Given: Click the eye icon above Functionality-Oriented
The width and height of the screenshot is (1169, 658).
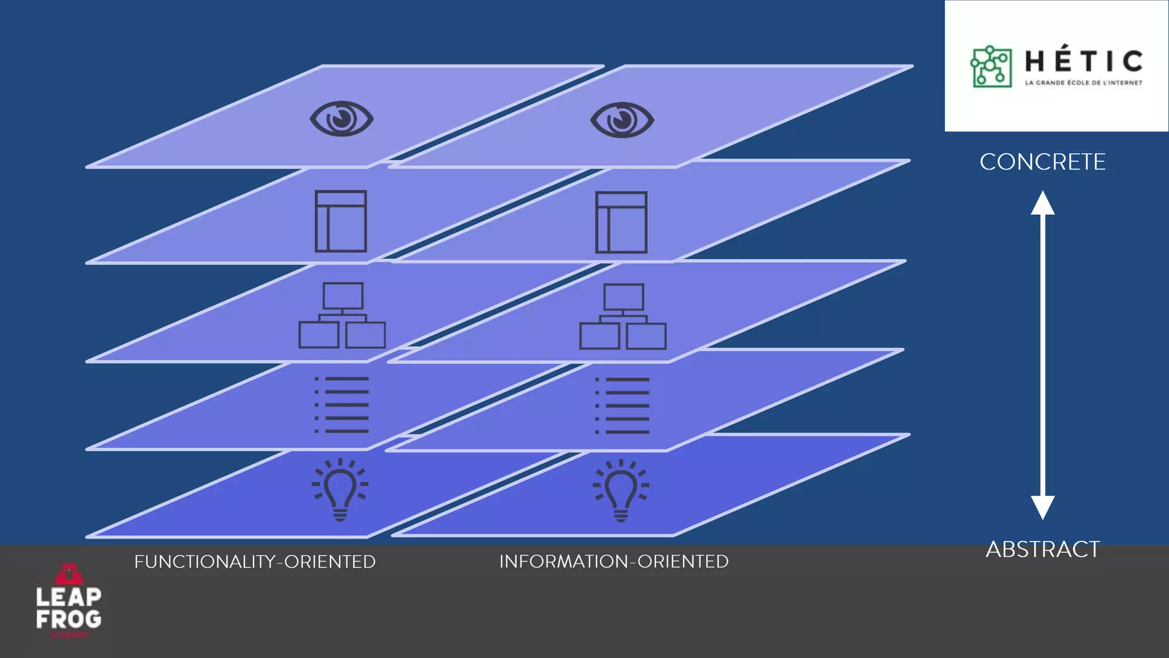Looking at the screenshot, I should pyautogui.click(x=341, y=119).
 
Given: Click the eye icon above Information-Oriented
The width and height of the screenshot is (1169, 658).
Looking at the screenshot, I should pyautogui.click(x=622, y=120).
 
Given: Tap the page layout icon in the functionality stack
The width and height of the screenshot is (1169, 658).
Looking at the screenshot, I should pyautogui.click(x=341, y=221).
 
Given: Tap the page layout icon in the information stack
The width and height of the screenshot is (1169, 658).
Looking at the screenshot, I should pyautogui.click(x=621, y=222).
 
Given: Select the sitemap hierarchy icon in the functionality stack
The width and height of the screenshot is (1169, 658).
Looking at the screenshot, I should pyautogui.click(x=342, y=315).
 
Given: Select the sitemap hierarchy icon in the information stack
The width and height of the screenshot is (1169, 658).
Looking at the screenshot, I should pyautogui.click(x=623, y=316).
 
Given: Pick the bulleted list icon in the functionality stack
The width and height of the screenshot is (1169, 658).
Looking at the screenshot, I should pyautogui.click(x=341, y=404).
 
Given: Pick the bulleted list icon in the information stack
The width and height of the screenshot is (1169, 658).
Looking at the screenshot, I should pyautogui.click(x=622, y=406).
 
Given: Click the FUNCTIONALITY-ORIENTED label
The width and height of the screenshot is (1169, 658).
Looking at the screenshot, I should pyautogui.click(x=255, y=562).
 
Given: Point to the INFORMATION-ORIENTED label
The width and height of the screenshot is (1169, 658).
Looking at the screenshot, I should pyautogui.click(x=614, y=561).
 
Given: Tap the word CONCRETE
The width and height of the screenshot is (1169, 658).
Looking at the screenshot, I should pyautogui.click(x=1042, y=162).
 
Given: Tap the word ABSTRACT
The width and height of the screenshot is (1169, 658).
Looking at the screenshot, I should pyautogui.click(x=1042, y=549).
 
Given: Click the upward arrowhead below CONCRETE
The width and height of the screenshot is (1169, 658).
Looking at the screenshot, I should pyautogui.click(x=1042, y=203).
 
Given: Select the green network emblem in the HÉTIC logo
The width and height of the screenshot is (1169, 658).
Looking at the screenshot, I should pyautogui.click(x=991, y=67).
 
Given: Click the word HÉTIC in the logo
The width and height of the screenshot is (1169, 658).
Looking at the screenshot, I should pyautogui.click(x=1083, y=61).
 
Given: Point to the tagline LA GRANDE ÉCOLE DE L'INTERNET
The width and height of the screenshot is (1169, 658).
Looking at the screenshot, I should pyautogui.click(x=1083, y=83).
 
